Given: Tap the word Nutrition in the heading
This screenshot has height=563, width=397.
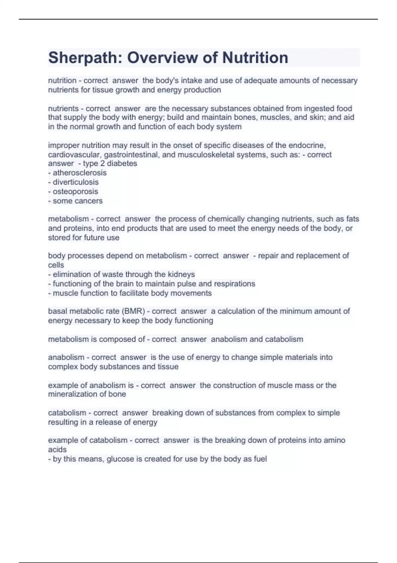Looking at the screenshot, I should (255, 58).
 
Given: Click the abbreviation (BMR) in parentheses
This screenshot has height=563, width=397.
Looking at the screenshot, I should (133, 311).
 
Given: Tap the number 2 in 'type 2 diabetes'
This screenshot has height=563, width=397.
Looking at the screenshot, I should (102, 164).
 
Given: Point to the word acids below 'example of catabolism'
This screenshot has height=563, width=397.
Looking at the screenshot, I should (57, 450).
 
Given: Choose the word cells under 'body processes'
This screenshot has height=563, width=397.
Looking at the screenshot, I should (56, 265).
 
